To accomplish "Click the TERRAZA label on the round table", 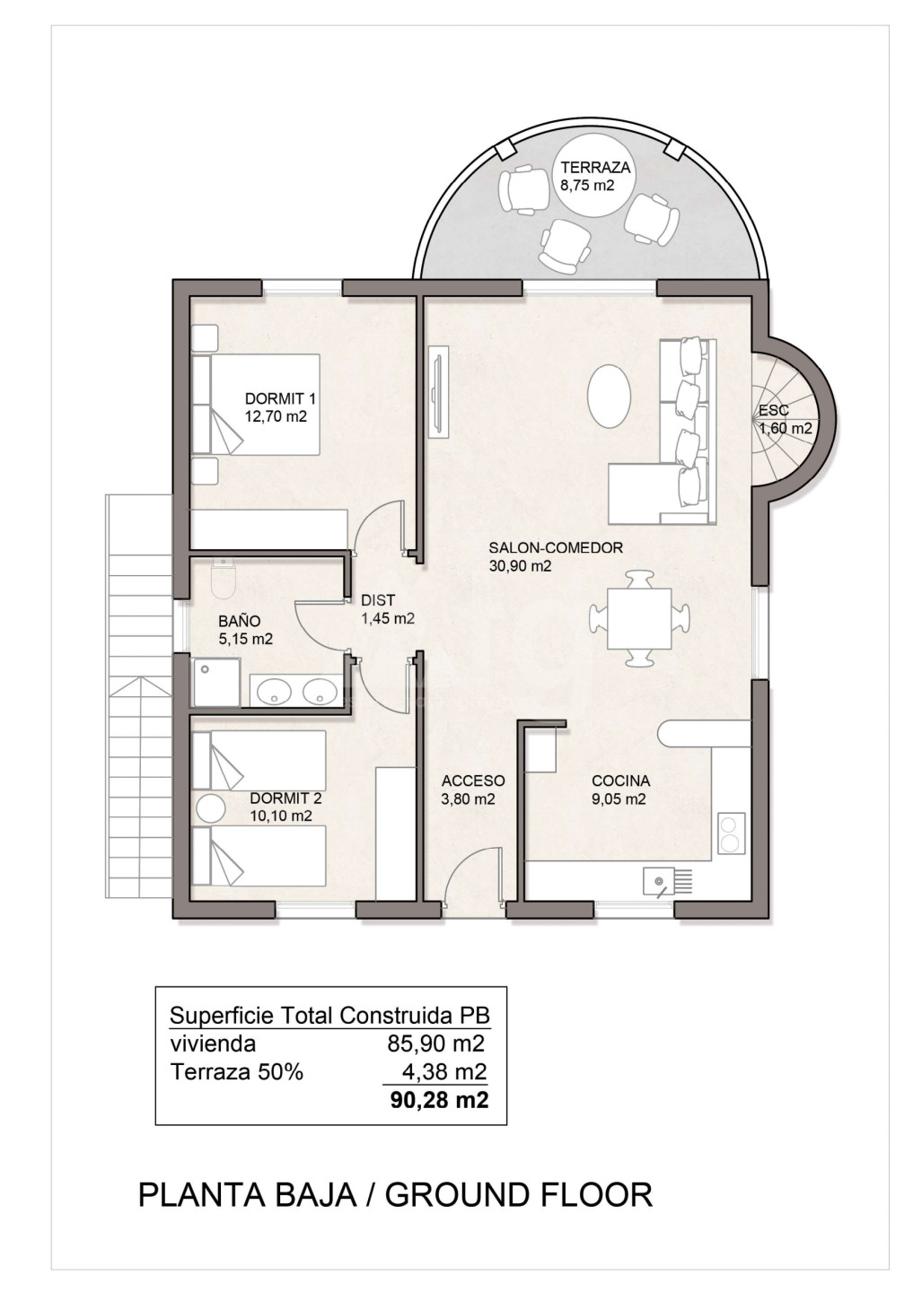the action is [x=595, y=168].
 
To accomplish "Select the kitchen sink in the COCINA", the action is [x=667, y=881].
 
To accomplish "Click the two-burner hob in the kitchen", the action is [x=731, y=833].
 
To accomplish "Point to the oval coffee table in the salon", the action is [x=609, y=396].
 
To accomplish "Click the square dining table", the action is [x=639, y=619].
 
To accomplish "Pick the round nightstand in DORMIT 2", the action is [x=211, y=807].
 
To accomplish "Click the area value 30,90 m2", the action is [x=520, y=566].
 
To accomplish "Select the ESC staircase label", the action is [x=773, y=411].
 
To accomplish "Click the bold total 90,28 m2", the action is [x=439, y=1100].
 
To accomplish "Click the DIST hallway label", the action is [x=378, y=600].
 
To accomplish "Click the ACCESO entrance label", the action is [x=473, y=781].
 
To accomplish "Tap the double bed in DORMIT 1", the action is [x=256, y=405].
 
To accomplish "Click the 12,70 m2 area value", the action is [x=276, y=416].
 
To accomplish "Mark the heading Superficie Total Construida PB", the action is [x=329, y=1015].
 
